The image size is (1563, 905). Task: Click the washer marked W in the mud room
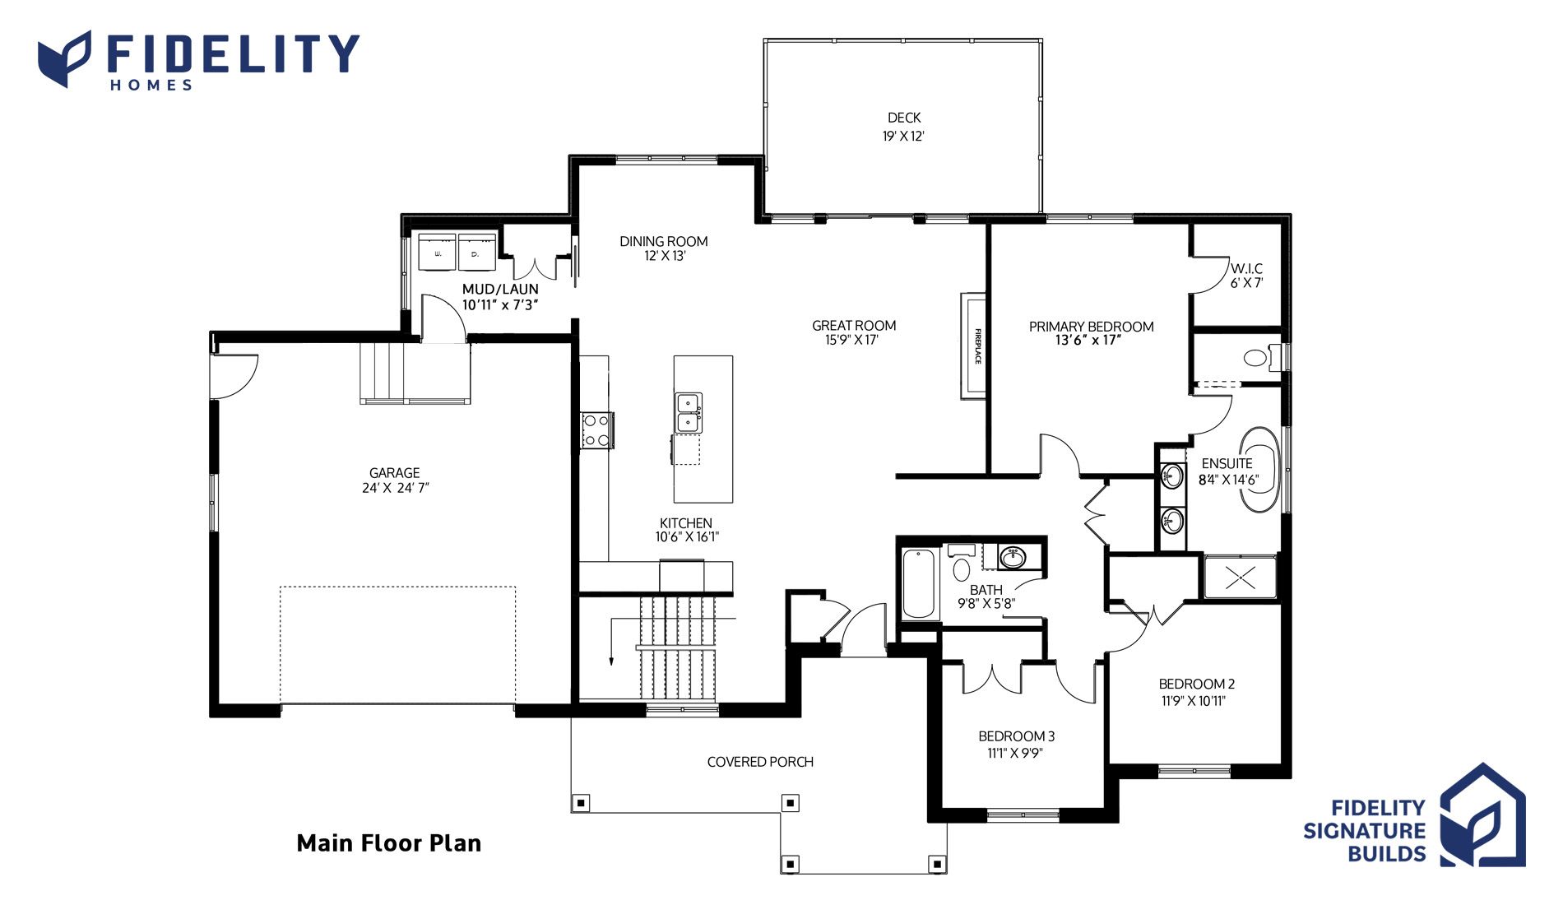point(438,252)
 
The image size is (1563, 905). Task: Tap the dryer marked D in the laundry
point(476,252)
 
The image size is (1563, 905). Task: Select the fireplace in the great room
point(973,346)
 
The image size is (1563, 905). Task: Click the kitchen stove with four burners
point(596,430)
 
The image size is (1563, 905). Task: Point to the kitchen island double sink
point(689,413)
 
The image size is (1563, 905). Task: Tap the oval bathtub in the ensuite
point(1259,469)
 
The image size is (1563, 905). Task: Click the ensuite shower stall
point(1241,578)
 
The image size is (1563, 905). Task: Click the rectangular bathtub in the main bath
point(919,584)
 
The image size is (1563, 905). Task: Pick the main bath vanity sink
point(1013,558)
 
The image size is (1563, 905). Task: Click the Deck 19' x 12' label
point(904,127)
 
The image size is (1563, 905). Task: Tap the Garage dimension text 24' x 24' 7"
point(395,488)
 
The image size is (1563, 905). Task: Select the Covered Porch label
point(760,762)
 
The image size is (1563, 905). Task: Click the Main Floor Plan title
point(389,843)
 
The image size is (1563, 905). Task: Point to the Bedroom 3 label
point(1017,736)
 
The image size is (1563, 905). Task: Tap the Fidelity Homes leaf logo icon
point(65,58)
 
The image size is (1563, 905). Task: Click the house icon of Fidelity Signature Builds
point(1482,814)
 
